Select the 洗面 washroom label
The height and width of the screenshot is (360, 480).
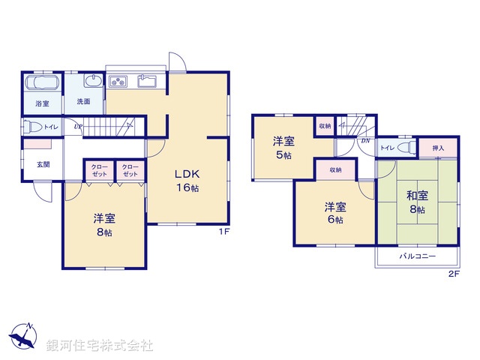[x=82, y=101]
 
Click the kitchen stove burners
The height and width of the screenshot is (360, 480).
[x=119, y=81]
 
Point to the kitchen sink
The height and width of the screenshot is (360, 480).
[x=147, y=81]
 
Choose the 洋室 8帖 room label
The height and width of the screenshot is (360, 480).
[x=103, y=225]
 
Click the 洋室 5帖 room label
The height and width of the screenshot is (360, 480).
[x=283, y=148]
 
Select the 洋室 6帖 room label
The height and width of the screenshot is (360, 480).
[x=334, y=213]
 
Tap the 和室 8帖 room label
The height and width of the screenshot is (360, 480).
[x=418, y=202]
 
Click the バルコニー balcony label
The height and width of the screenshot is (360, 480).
[x=413, y=256]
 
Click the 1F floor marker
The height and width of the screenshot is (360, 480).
[x=223, y=231]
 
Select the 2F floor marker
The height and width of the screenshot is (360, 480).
[x=452, y=274]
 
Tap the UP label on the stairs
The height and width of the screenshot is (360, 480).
[x=78, y=126]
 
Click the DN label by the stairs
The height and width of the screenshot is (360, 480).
[x=365, y=140]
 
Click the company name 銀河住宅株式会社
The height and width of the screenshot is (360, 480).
[x=99, y=346]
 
